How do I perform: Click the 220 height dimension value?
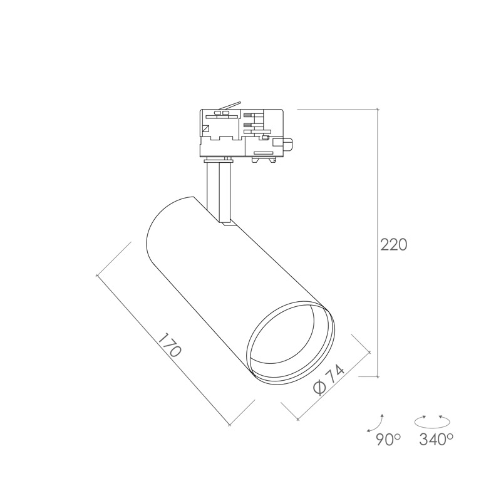394,245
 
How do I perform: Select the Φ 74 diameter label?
329,380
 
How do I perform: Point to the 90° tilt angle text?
388,440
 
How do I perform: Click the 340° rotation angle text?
436,440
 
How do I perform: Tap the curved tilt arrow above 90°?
377,424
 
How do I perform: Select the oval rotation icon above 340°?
432,421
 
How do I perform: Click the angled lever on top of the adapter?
230,105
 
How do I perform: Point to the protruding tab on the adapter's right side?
287,144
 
